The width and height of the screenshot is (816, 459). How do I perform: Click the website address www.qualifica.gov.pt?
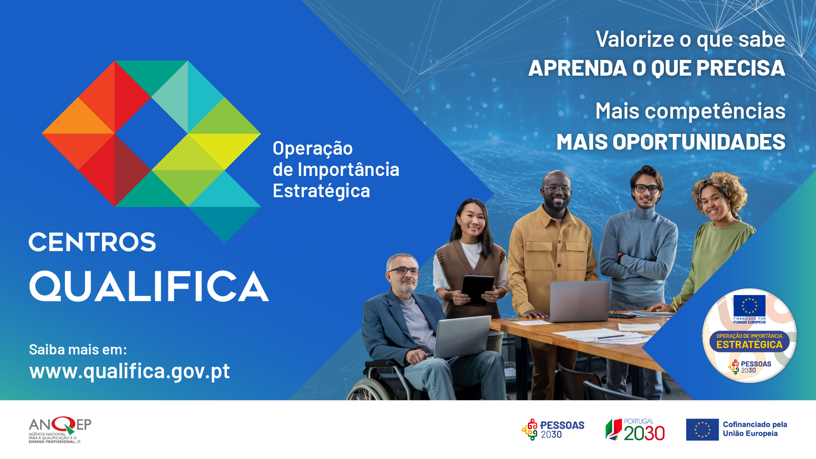coord(130,371)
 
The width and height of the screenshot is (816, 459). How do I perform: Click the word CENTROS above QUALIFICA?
coord(92,242)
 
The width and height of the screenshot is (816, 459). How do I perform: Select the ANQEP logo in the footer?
coord(60,430)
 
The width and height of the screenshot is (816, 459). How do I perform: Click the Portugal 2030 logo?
coord(635,430)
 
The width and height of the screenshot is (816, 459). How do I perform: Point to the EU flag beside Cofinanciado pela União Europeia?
coord(702,430)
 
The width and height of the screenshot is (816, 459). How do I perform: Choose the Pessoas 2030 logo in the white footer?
coord(553,430)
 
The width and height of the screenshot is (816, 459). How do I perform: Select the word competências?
coord(715,111)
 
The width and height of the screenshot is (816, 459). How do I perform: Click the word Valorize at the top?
coord(635,39)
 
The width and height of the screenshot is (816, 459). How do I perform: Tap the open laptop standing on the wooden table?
coord(579,301)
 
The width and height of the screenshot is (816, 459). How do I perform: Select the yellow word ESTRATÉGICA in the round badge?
coord(749,345)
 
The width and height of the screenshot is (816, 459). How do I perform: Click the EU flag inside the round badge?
coord(749,306)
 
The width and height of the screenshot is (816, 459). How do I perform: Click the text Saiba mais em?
coord(78,349)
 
